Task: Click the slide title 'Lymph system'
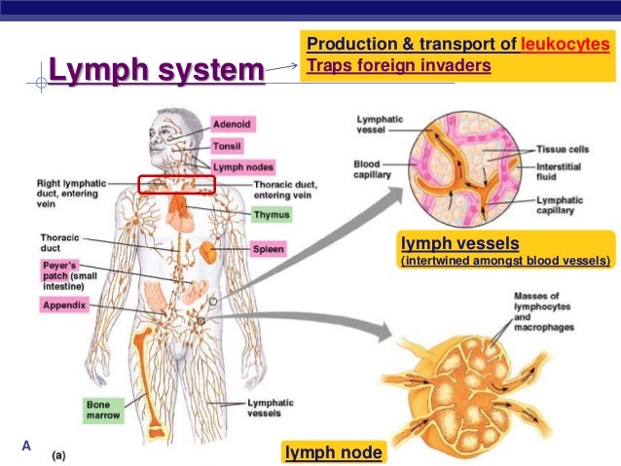(x=156, y=71)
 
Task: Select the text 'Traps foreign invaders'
(x=398, y=66)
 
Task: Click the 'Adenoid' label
(x=233, y=125)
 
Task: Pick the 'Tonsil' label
(x=228, y=146)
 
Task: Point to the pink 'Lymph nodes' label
(x=237, y=165)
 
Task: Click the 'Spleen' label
(x=269, y=249)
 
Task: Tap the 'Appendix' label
(x=65, y=305)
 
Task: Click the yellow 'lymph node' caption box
(x=333, y=451)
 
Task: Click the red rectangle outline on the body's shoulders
(x=176, y=184)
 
